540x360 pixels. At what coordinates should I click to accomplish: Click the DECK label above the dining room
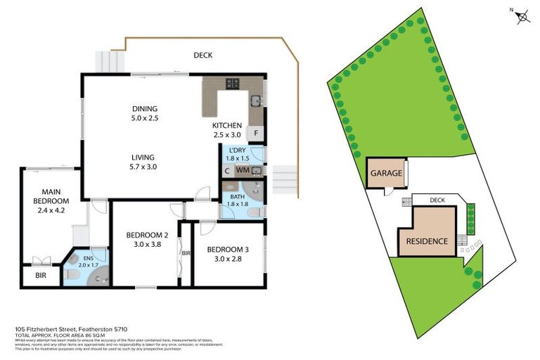[202, 56]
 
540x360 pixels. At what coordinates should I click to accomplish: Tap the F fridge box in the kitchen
[257, 134]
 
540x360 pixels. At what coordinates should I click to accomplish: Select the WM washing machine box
[242, 170]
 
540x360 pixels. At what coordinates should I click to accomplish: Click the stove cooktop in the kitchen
[233, 84]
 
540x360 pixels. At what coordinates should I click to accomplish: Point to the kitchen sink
[257, 100]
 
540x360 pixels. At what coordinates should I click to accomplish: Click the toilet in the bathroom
[258, 212]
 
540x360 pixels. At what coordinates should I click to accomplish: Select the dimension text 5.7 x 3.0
[143, 167]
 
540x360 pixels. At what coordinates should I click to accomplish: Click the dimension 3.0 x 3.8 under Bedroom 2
[147, 245]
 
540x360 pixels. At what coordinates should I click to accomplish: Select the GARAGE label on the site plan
[386, 173]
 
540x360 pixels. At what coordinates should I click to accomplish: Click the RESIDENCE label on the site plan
[426, 241]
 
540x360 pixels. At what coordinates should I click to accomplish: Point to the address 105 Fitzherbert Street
[70, 329]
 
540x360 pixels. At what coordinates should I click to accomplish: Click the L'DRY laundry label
[237, 148]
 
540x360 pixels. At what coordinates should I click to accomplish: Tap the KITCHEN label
[227, 126]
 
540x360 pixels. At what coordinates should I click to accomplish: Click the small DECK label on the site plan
[438, 199]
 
